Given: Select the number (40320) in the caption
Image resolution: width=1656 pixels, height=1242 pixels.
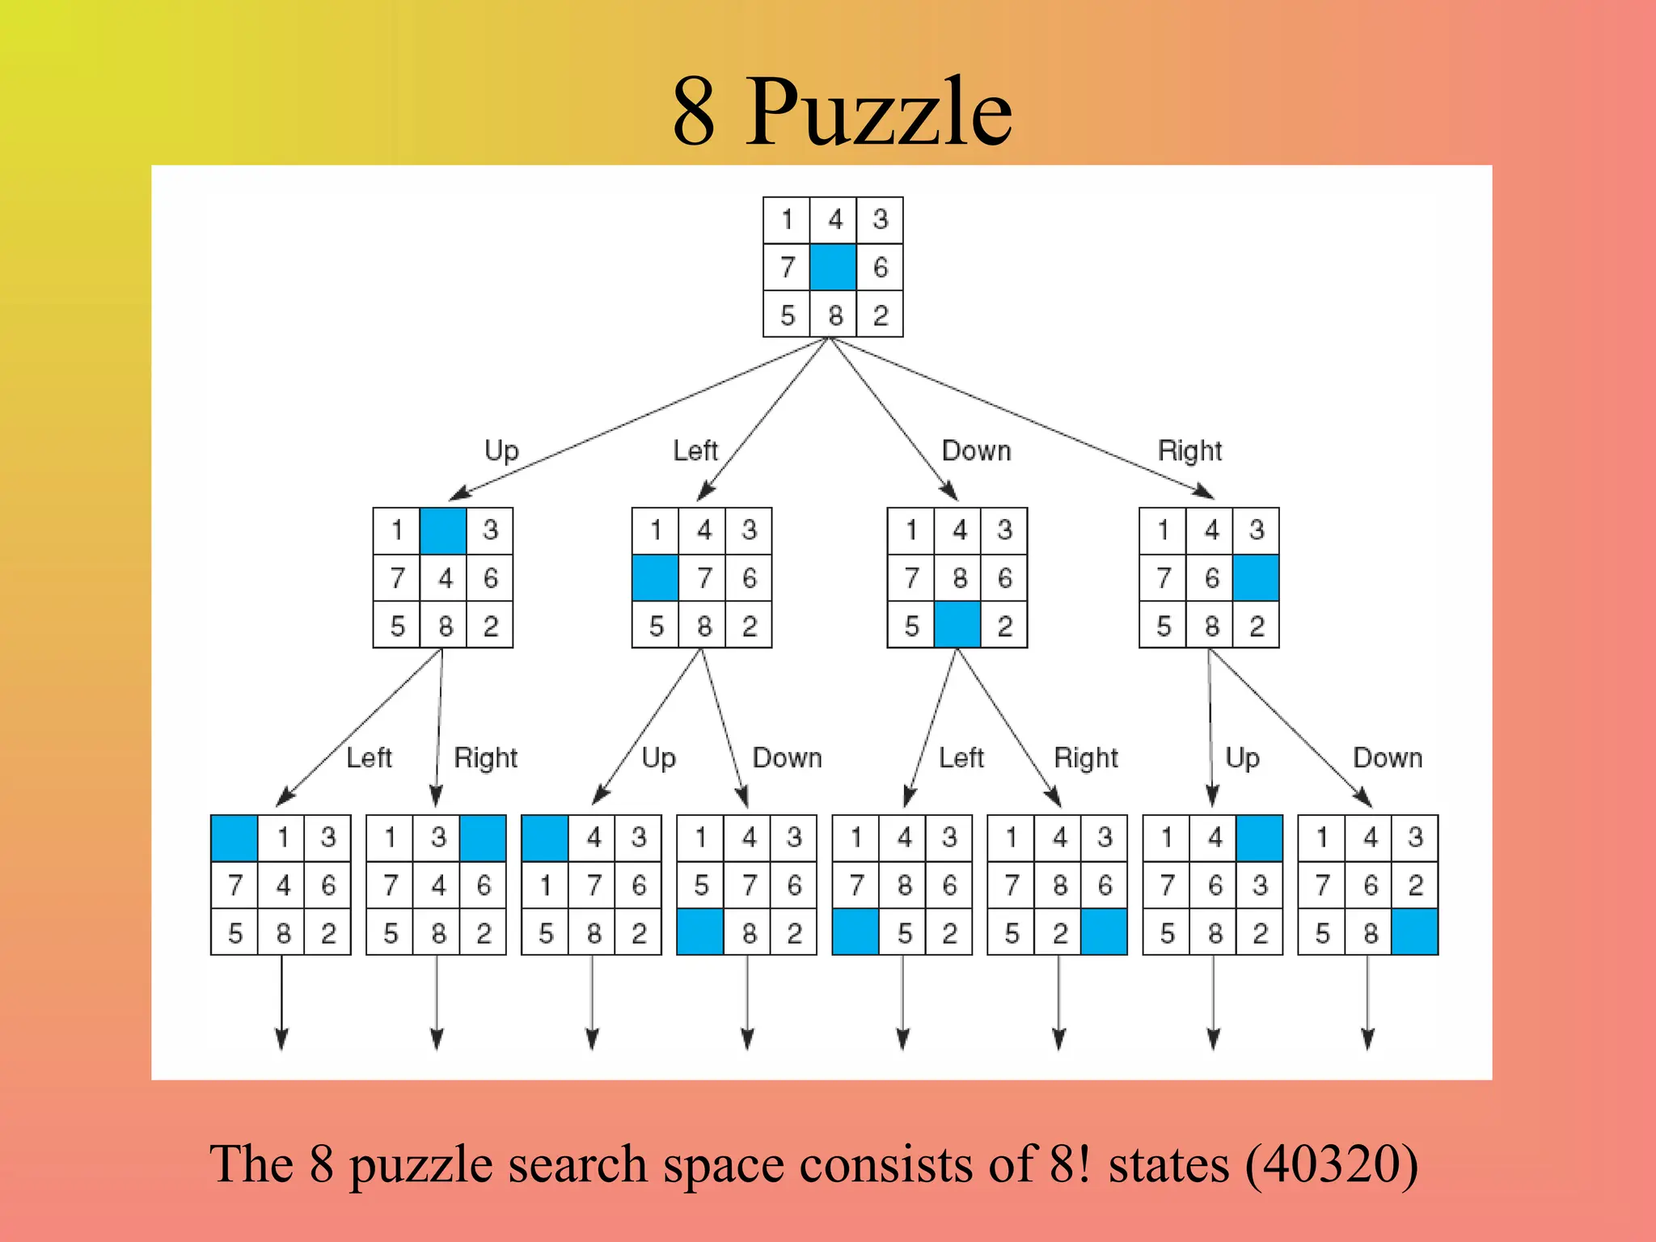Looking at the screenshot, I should (x=1331, y=1164).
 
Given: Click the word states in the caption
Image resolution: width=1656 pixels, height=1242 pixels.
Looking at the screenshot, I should (x=1168, y=1164).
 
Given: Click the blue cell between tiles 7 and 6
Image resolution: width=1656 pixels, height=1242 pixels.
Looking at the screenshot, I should (x=833, y=267).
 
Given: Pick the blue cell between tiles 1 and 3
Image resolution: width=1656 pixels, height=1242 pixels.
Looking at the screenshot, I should (x=443, y=530).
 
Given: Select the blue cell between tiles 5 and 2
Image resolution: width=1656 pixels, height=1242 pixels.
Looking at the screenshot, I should (x=957, y=625).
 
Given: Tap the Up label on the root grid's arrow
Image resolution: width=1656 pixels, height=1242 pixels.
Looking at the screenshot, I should (x=501, y=450).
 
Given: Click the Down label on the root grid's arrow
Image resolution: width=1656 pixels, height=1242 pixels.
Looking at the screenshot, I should (x=976, y=450).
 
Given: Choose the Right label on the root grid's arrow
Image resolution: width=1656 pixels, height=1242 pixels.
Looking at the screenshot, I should (x=1189, y=450).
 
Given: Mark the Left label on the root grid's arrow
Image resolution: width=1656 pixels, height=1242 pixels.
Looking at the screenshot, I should (x=695, y=450).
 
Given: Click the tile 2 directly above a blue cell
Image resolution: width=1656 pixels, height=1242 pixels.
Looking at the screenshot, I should (x=1415, y=885).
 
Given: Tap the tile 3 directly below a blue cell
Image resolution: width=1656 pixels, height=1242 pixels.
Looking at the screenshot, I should (x=1260, y=885).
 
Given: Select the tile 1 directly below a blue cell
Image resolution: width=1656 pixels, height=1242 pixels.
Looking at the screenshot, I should (x=546, y=885).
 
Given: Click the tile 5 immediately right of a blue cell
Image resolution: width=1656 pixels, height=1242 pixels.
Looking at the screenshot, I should (x=905, y=934).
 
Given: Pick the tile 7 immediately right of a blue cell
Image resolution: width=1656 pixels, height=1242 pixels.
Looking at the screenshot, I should (x=704, y=578).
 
